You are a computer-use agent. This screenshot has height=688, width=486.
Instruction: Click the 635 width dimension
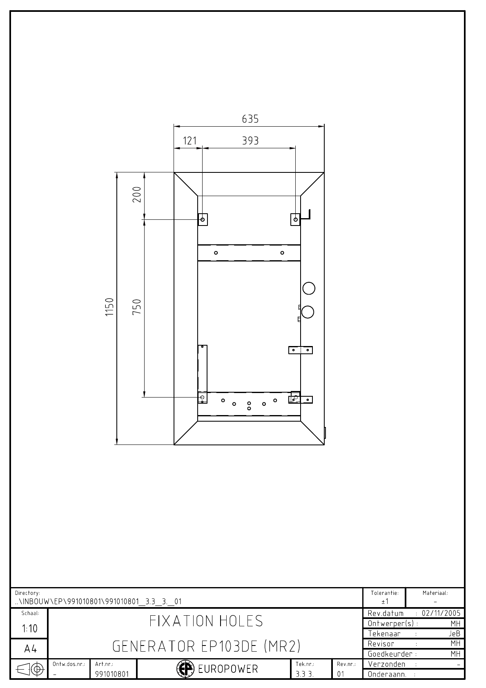250,119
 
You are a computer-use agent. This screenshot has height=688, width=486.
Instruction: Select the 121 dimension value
190,141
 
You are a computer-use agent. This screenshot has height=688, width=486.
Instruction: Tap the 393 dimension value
250,141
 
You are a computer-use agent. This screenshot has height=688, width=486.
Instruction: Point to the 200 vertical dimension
137,194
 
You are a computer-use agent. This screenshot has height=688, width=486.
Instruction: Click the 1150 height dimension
109,307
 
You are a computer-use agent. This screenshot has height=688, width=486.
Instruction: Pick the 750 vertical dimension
137,306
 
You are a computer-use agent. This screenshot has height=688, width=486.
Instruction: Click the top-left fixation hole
203,220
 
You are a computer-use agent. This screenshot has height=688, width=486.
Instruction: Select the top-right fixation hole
296,220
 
